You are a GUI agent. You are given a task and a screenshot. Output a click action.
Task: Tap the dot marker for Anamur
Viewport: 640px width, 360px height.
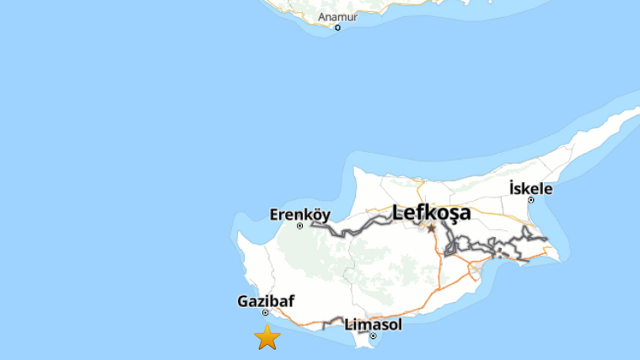338,28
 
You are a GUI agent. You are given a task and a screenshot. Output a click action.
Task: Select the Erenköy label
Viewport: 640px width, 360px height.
300,215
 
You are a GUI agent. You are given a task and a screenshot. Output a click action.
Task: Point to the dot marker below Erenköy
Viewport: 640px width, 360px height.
300,226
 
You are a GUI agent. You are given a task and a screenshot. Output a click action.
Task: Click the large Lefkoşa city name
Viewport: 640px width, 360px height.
431,213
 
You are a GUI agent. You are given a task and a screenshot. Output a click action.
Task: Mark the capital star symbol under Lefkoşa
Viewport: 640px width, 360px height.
431,228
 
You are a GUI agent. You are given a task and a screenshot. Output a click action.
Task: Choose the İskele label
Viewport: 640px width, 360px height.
531,189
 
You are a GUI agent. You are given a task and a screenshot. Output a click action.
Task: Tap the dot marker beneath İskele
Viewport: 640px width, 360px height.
531,200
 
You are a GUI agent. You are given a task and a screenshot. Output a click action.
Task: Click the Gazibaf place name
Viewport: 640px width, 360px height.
266,301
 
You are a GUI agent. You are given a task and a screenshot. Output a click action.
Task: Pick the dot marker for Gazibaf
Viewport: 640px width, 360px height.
265,313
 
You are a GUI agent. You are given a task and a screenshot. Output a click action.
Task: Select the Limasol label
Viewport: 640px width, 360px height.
373,325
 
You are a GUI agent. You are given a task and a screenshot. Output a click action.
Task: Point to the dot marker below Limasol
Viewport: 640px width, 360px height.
373,336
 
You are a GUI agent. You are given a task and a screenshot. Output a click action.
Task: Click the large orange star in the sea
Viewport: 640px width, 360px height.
267,337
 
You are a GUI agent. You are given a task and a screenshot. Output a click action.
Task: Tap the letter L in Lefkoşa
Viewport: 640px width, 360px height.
397,213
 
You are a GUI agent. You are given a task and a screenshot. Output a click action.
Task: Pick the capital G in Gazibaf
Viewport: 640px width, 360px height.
242,301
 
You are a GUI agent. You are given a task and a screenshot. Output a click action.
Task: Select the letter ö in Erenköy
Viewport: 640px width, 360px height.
316,215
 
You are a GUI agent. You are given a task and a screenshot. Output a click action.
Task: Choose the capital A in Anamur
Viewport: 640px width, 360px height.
322,17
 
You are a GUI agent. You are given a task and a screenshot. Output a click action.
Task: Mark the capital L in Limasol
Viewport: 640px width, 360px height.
348,325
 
